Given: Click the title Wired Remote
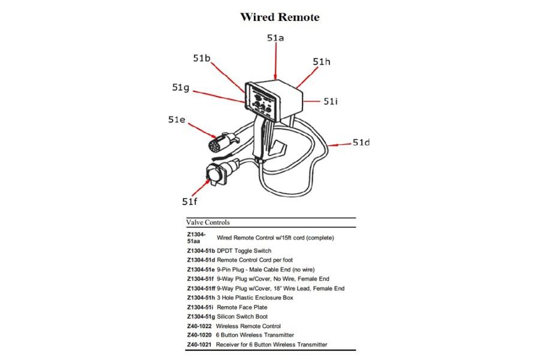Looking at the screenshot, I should pos(280,17).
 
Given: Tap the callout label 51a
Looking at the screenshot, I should pos(275,37).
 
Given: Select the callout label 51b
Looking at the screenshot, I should pos(202,58).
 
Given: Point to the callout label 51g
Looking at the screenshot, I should pos(181,88).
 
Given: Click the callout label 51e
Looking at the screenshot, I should pos(176,119).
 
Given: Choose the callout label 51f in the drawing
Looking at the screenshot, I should pos(190,201).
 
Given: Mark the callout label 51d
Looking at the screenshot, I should pos(361,142).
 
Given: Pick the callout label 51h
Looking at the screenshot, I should pos(322,62).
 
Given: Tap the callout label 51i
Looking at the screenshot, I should pos(331,101).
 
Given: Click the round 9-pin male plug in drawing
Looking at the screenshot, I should pos(215,142).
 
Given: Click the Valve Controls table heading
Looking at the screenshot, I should pos(208,222).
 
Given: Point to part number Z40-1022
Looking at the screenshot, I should pos(200,326).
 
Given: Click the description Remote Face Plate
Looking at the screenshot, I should pos(242,307).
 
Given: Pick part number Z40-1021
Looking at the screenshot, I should pos(200,344).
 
